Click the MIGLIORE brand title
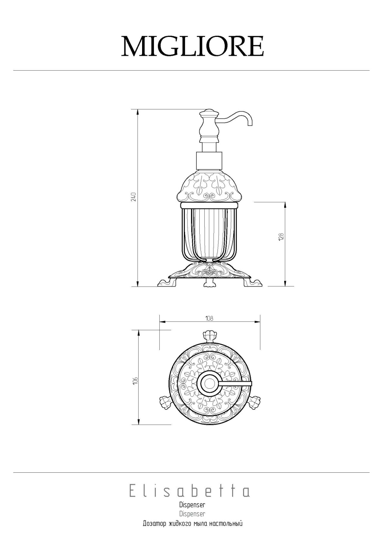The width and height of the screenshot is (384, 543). (x=192, y=46)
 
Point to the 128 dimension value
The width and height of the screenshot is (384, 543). (x=281, y=237)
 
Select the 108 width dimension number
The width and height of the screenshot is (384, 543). (x=209, y=318)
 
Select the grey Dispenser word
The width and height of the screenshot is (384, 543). (x=192, y=513)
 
